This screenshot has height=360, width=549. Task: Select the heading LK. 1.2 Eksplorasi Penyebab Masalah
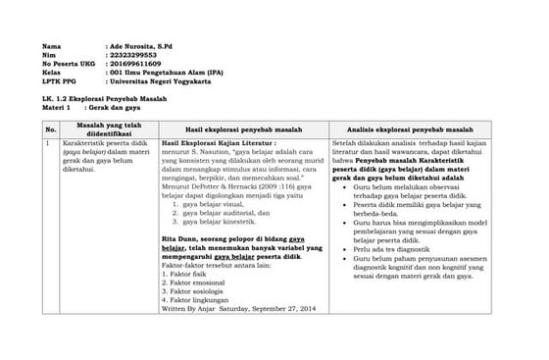105,101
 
